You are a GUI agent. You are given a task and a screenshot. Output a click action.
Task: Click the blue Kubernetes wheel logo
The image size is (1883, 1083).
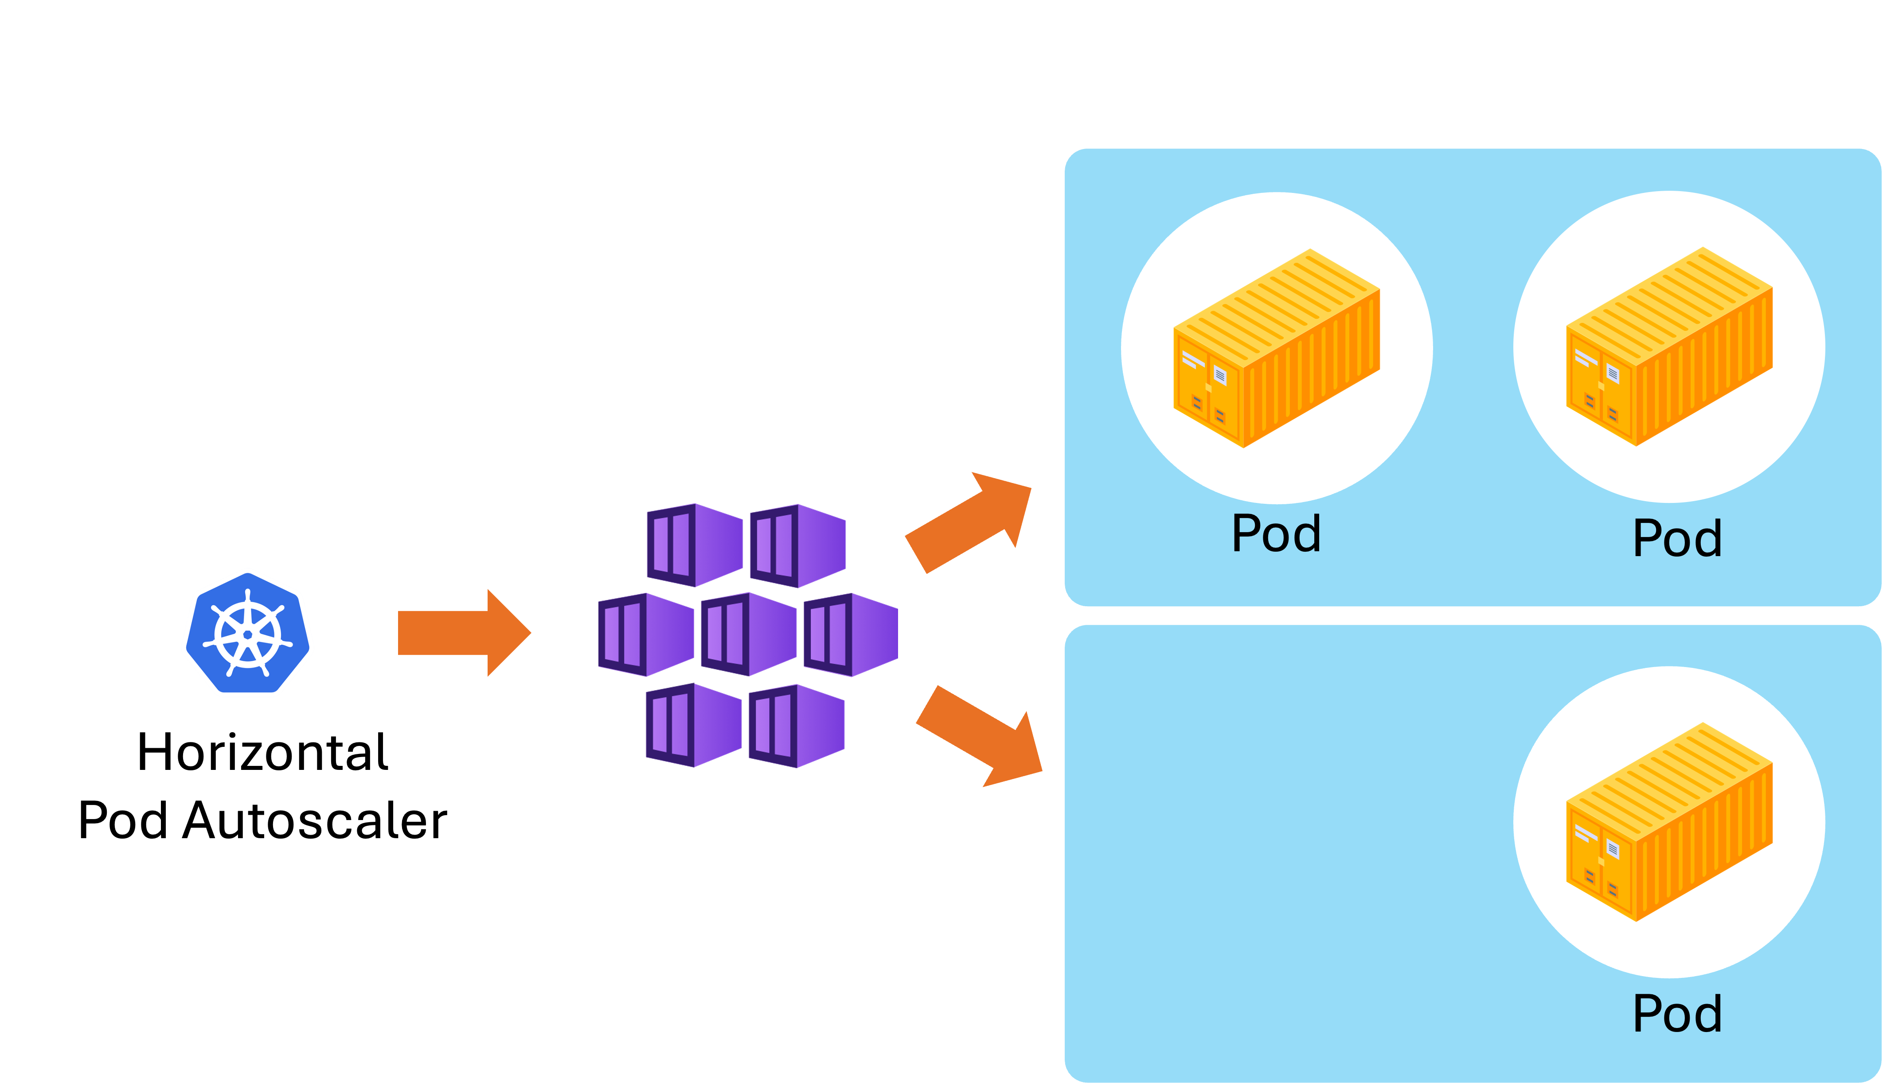(x=247, y=632)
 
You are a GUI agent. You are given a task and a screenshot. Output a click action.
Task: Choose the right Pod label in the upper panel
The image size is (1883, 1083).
(x=1677, y=538)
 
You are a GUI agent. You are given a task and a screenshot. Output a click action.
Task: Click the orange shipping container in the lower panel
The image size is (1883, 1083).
(x=1669, y=822)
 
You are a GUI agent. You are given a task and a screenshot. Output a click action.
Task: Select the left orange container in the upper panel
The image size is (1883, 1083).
(x=1277, y=348)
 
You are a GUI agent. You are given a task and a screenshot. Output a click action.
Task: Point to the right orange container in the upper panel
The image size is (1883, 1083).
(x=1669, y=347)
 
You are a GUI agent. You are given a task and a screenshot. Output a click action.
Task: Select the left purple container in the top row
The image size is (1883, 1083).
(x=694, y=545)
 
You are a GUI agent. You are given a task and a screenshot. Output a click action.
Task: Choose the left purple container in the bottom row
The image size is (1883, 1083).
(x=694, y=725)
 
